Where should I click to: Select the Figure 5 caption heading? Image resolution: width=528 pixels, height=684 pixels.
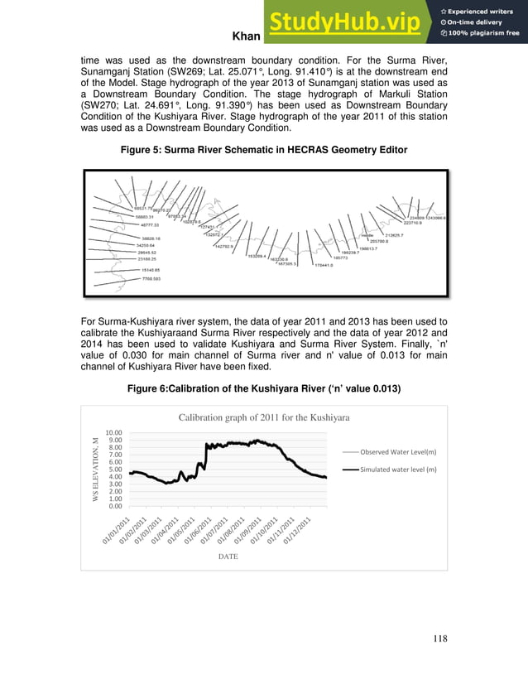264,150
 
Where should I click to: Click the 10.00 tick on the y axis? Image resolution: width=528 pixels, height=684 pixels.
113,432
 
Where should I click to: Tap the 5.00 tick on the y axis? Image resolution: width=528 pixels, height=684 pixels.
115,469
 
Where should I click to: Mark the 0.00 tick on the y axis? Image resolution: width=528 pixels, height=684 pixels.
115,505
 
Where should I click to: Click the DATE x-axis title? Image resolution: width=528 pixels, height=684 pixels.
228,556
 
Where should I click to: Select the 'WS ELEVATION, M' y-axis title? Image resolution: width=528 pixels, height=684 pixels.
96,469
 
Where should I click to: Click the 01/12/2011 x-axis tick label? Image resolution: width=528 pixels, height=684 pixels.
295,530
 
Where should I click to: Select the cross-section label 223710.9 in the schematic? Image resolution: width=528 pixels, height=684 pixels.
413,222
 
